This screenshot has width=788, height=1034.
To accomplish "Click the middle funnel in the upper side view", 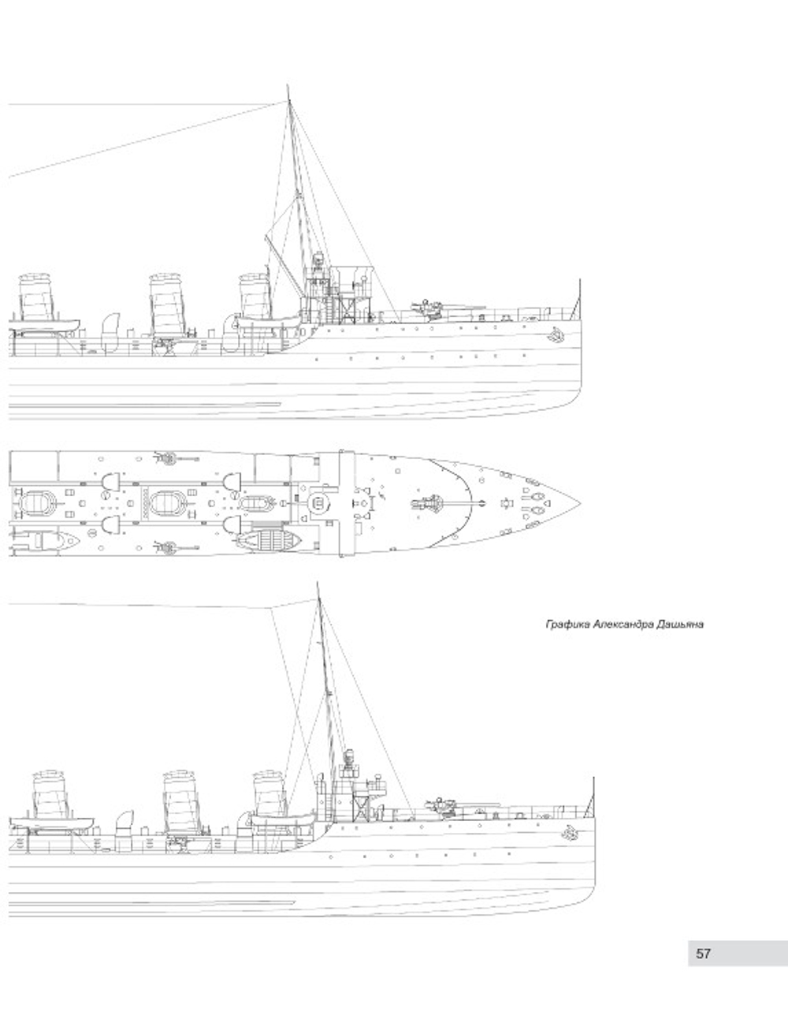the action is point(166,297).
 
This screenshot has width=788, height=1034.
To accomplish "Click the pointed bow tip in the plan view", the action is point(580,503).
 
